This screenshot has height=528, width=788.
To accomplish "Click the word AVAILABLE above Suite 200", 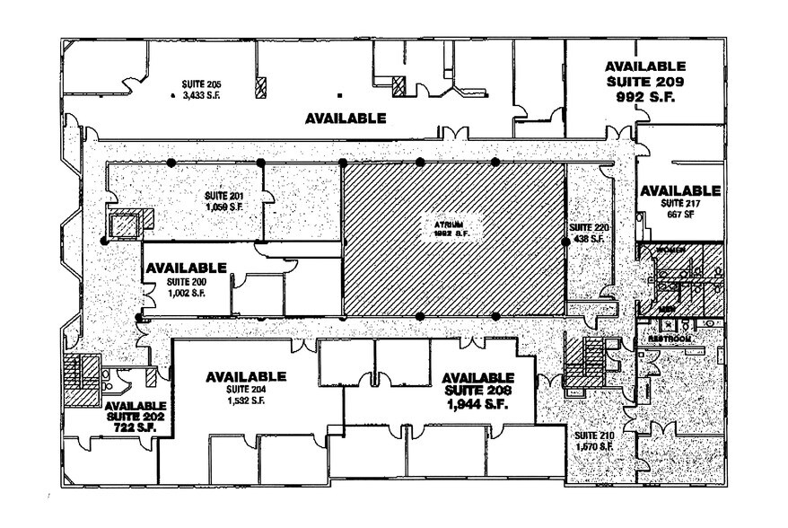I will tap(186, 268).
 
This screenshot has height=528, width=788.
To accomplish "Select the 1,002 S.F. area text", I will tap(186, 293).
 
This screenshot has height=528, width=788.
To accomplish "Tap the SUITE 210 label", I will tap(593, 436).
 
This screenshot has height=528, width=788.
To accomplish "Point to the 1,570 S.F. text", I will tap(593, 446).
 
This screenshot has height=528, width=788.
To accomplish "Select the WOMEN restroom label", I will tap(672, 250).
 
